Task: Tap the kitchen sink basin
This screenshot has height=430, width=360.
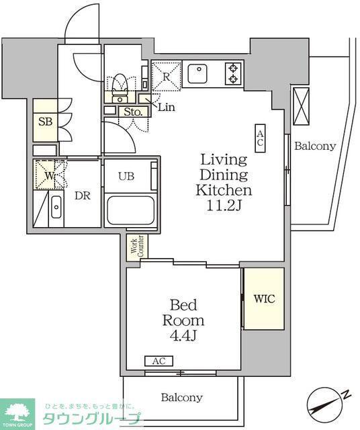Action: point(197,73)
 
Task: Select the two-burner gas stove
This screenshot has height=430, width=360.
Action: point(233,73)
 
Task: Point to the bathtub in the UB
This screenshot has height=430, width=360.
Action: point(130,210)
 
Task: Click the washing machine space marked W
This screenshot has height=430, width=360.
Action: point(48,175)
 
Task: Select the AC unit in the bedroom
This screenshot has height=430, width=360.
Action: point(159,361)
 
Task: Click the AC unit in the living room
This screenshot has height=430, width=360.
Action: point(260,138)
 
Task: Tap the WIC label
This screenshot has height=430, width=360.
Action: point(264,298)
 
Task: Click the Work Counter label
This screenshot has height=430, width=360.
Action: point(137,246)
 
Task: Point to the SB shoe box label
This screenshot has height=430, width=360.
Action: point(45,122)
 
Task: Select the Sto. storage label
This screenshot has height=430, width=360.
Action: point(133,112)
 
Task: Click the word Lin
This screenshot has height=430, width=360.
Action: point(167,107)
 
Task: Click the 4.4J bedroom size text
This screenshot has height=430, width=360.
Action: point(183,336)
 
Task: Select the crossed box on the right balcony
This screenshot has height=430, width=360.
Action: point(301,106)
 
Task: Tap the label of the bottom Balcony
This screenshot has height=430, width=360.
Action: point(182,397)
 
